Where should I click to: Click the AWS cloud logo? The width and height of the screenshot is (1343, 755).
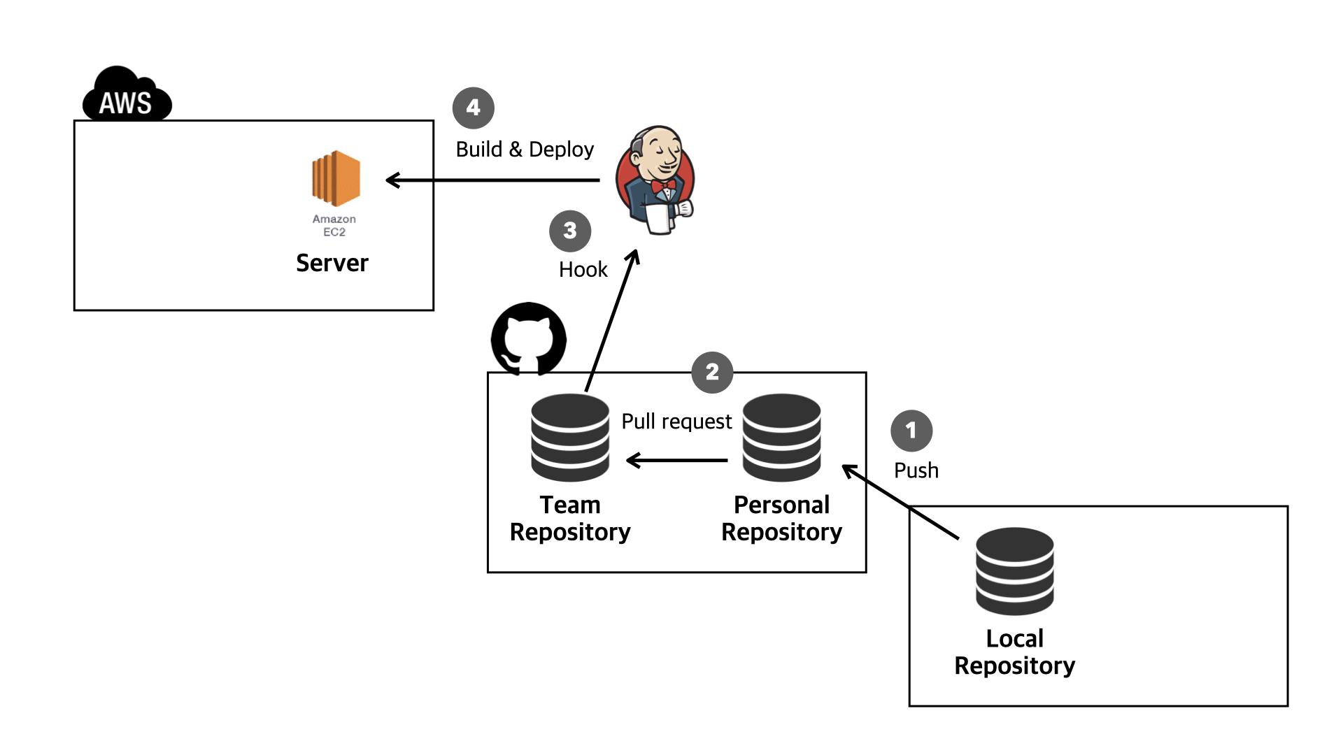127,96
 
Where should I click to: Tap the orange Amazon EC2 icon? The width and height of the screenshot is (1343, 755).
336,179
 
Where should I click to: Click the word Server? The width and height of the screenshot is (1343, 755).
332,264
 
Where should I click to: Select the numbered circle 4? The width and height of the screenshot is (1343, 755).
474,108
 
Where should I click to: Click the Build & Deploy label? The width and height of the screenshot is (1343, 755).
525,150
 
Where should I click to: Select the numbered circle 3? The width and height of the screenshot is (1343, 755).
570,231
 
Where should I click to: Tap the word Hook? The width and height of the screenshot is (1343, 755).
583,270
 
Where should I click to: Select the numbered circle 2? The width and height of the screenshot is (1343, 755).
712,372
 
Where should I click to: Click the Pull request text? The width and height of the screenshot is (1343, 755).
676,422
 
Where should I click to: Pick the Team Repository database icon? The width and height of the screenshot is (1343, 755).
570,438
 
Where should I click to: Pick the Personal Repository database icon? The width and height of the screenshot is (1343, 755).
781,438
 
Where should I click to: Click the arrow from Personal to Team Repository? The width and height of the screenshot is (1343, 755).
676,460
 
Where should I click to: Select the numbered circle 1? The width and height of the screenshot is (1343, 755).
911,431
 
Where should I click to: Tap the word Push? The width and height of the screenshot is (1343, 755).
916,470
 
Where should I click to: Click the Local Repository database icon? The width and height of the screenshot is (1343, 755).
1014,571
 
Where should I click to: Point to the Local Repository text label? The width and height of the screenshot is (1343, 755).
1014,652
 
